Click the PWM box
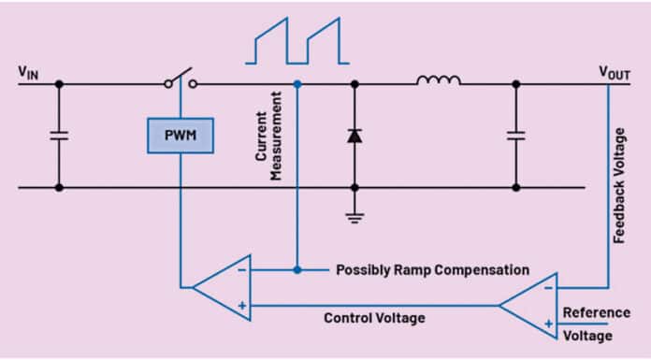coord(180,136)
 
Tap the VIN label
coord(29,73)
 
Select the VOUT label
coord(615,72)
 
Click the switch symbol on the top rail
coord(180,79)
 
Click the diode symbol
coord(354,136)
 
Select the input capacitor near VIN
coord(58,136)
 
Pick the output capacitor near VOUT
coord(514,136)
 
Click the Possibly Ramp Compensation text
coord(432,270)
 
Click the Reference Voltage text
coord(595,324)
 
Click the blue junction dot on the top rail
coord(297,84)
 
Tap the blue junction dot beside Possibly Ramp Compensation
coord(297,269)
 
